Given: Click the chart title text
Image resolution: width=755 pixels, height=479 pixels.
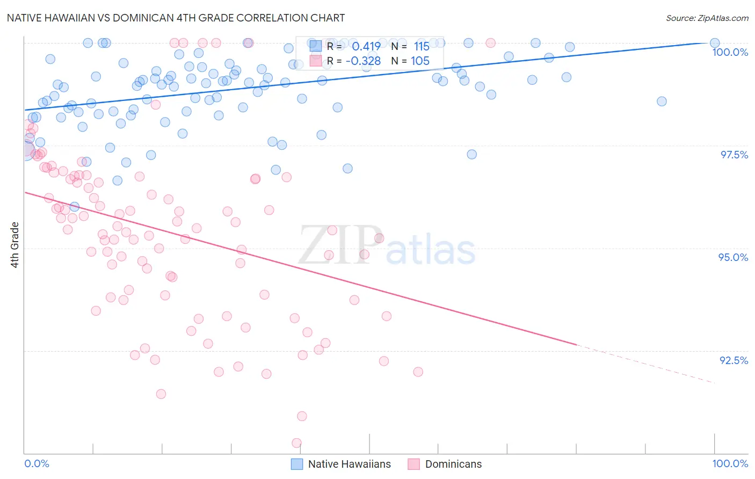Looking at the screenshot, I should pyautogui.click(x=176, y=18).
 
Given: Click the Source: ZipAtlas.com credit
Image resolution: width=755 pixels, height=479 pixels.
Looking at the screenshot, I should pyautogui.click(x=707, y=18).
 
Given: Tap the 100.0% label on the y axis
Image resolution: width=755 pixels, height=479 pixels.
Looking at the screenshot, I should pyautogui.click(x=730, y=52).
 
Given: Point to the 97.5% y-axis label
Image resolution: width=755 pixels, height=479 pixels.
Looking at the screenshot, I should pyautogui.click(x=734, y=155).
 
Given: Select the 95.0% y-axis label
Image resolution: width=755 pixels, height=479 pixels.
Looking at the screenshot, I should pyautogui.click(x=733, y=257).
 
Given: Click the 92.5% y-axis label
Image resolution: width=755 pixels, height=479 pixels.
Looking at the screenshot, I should pyautogui.click(x=734, y=360).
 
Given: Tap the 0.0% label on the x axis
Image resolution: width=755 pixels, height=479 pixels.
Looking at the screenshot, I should pyautogui.click(x=37, y=463).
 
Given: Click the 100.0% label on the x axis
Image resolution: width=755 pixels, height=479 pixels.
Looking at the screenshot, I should pyautogui.click(x=730, y=463).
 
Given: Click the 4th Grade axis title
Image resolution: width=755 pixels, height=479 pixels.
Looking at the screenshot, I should pyautogui.click(x=14, y=245).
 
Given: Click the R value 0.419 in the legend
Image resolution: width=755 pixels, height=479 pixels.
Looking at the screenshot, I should pyautogui.click(x=366, y=47).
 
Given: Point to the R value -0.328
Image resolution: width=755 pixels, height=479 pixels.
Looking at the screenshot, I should pyautogui.click(x=363, y=61).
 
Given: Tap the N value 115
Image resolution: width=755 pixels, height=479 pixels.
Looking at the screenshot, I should pyautogui.click(x=422, y=47).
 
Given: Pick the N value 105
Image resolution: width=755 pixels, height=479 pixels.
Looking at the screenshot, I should pyautogui.click(x=420, y=61).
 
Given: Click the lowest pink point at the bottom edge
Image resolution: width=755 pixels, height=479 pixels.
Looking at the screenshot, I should pyautogui.click(x=296, y=443).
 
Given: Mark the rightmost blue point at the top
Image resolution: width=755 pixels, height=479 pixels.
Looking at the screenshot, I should pyautogui.click(x=715, y=43).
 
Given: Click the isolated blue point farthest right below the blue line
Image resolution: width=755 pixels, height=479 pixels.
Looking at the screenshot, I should pyautogui.click(x=662, y=101).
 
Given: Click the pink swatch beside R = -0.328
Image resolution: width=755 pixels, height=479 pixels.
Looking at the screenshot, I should pyautogui.click(x=316, y=61).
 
